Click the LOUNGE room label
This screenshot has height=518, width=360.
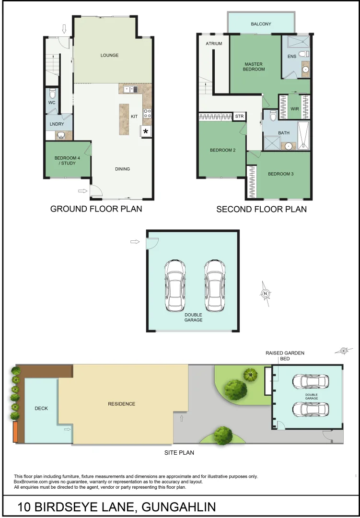(109, 55)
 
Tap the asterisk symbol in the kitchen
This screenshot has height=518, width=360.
(146, 131)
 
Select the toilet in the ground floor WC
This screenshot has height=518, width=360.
(53, 93)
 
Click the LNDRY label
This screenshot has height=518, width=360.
(57, 124)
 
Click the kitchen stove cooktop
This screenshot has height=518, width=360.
(148, 114)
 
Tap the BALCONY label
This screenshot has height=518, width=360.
(261, 24)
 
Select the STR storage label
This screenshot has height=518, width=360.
(239, 117)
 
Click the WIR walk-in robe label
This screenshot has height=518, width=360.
(295, 109)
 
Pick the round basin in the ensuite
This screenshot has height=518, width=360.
(305, 70)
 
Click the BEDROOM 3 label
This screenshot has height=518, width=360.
(280, 174)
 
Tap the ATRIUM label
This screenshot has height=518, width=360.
(214, 44)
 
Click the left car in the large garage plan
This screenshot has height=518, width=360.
(175, 285)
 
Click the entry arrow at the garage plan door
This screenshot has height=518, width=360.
(135, 242)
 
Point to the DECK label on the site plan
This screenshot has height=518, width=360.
(41, 409)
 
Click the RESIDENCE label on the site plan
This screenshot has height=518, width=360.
(122, 404)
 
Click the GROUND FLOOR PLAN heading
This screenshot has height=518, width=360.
(96, 209)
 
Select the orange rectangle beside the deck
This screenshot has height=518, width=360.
(15, 432)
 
